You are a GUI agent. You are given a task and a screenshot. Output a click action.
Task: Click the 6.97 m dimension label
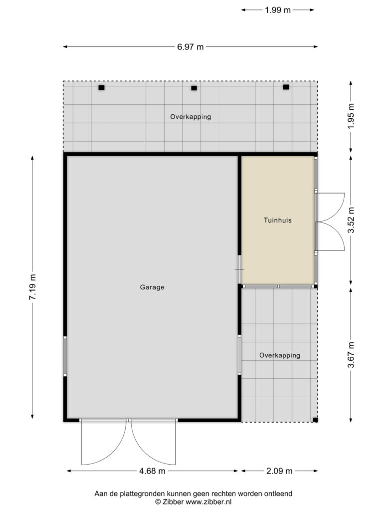pos(190,47)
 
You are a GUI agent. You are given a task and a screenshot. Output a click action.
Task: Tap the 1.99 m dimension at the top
pos(277,10)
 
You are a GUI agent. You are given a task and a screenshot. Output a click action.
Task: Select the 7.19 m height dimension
pos(32,287)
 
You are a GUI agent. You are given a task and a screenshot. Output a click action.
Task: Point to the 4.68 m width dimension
pos(153,471)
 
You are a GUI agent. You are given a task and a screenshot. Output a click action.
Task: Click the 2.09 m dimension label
pos(279,471)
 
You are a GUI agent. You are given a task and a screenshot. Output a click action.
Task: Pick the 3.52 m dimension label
pos(351,220)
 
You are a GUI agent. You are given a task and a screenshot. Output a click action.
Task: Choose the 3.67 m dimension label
pos(351,355)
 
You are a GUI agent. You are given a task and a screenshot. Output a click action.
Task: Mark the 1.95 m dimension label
pos(351,116)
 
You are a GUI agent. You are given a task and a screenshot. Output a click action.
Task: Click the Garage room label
pos(152,287)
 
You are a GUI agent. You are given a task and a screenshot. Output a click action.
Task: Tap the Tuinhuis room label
pos(278,220)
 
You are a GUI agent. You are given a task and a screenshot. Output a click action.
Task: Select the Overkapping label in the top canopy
pos(191,117)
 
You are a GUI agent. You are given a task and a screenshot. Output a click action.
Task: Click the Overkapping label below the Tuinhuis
pos(280,355)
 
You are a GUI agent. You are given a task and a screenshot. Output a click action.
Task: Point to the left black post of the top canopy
pos(102,88)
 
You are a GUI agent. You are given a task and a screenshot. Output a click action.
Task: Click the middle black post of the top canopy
pos(194,88)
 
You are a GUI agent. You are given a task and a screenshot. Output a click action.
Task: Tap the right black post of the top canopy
pos(286,87)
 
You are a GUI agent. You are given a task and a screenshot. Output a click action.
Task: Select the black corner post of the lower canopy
pos(315,420)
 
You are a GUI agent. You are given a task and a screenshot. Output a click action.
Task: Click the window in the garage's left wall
pos(65,356)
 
